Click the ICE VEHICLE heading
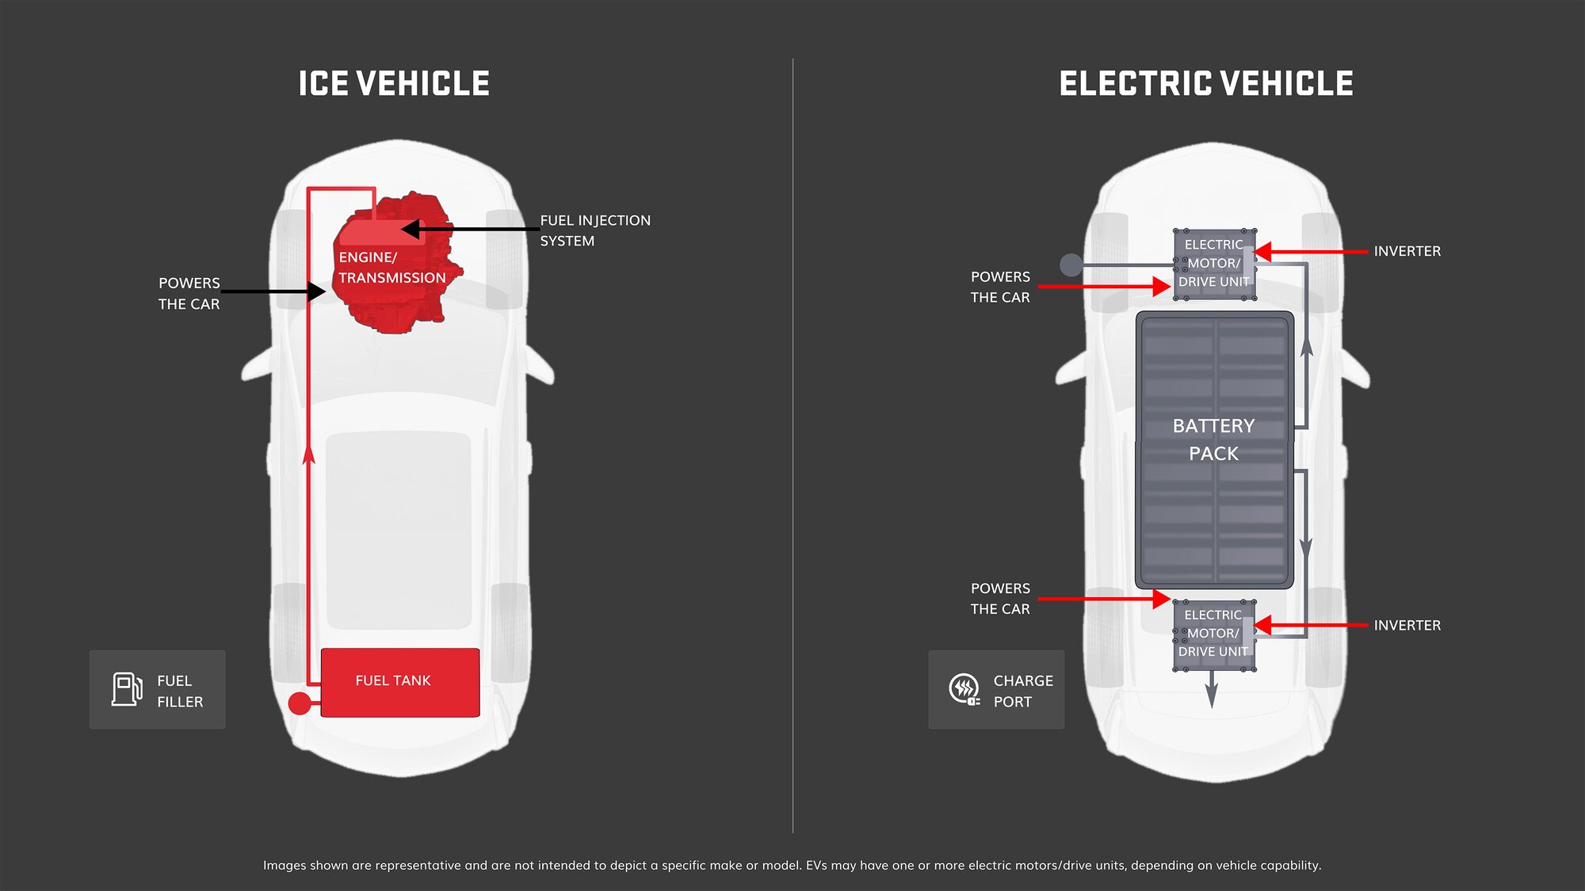pyautogui.click(x=394, y=84)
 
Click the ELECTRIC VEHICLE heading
pyautogui.click(x=1205, y=84)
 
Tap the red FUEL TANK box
pyautogui.click(x=400, y=682)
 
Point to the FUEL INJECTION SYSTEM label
pyautogui.click(x=594, y=230)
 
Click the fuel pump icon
pyautogui.click(x=127, y=689)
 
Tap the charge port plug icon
pyautogui.click(x=964, y=689)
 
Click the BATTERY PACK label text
pyautogui.click(x=1213, y=440)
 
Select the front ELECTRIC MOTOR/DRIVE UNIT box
pyautogui.click(x=1213, y=264)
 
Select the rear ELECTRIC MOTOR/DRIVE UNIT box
pyautogui.click(x=1213, y=634)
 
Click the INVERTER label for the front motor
pyautogui.click(x=1407, y=251)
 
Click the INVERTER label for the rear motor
pyautogui.click(x=1407, y=625)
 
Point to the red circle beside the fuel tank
pyautogui.click(x=300, y=703)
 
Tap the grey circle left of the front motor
pyautogui.click(x=1071, y=265)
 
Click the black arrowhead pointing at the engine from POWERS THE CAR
pyautogui.click(x=317, y=291)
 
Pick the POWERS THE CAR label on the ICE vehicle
pyautogui.click(x=189, y=293)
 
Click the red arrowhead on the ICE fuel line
pyautogui.click(x=309, y=453)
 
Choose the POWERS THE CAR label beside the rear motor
pyautogui.click(x=1000, y=599)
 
